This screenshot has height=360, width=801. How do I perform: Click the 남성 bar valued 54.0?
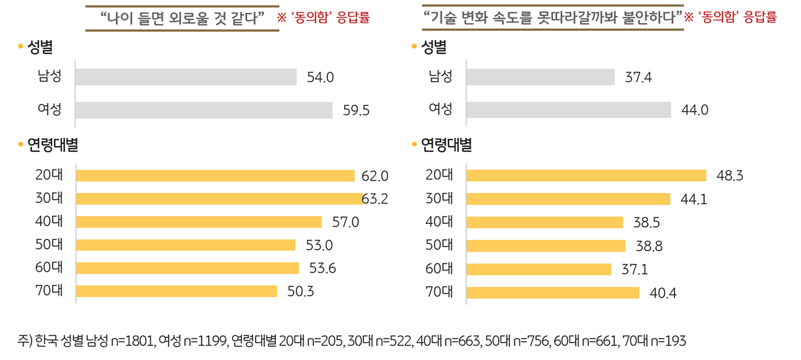[186, 77]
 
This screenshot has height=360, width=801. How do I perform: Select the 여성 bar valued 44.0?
[568, 110]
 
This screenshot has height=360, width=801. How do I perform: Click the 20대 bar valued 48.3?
[586, 175]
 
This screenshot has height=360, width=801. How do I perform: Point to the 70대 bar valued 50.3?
[177, 291]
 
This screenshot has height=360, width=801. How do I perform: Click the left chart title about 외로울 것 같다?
[182, 18]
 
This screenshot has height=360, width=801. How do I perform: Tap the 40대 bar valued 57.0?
[199, 222]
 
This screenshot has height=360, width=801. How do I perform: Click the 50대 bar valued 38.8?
[546, 246]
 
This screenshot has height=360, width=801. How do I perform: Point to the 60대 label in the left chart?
[49, 267]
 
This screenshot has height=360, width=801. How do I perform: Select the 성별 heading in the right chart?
[433, 48]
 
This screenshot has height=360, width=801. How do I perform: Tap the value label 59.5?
[356, 111]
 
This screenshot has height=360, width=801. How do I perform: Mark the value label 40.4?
[663, 293]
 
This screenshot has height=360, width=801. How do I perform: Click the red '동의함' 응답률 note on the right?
[730, 18]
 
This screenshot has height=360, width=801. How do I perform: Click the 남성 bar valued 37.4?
[540, 77]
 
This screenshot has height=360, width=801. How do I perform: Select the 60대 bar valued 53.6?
[187, 268]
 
